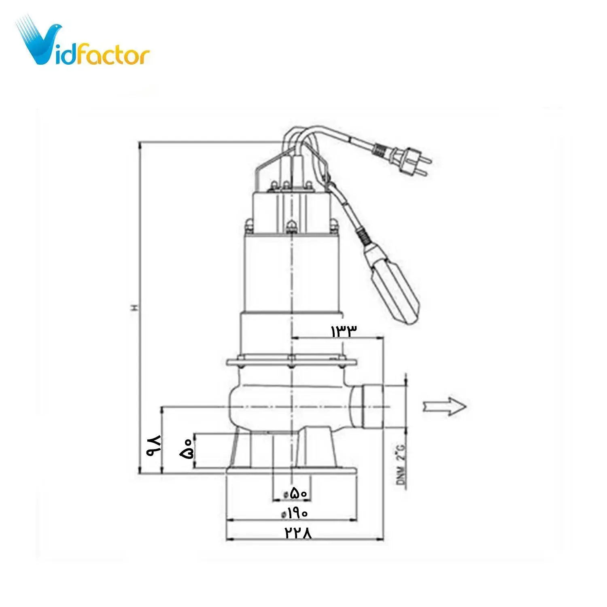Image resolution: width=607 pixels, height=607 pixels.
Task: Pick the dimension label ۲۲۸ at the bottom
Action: pos(298,533)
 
